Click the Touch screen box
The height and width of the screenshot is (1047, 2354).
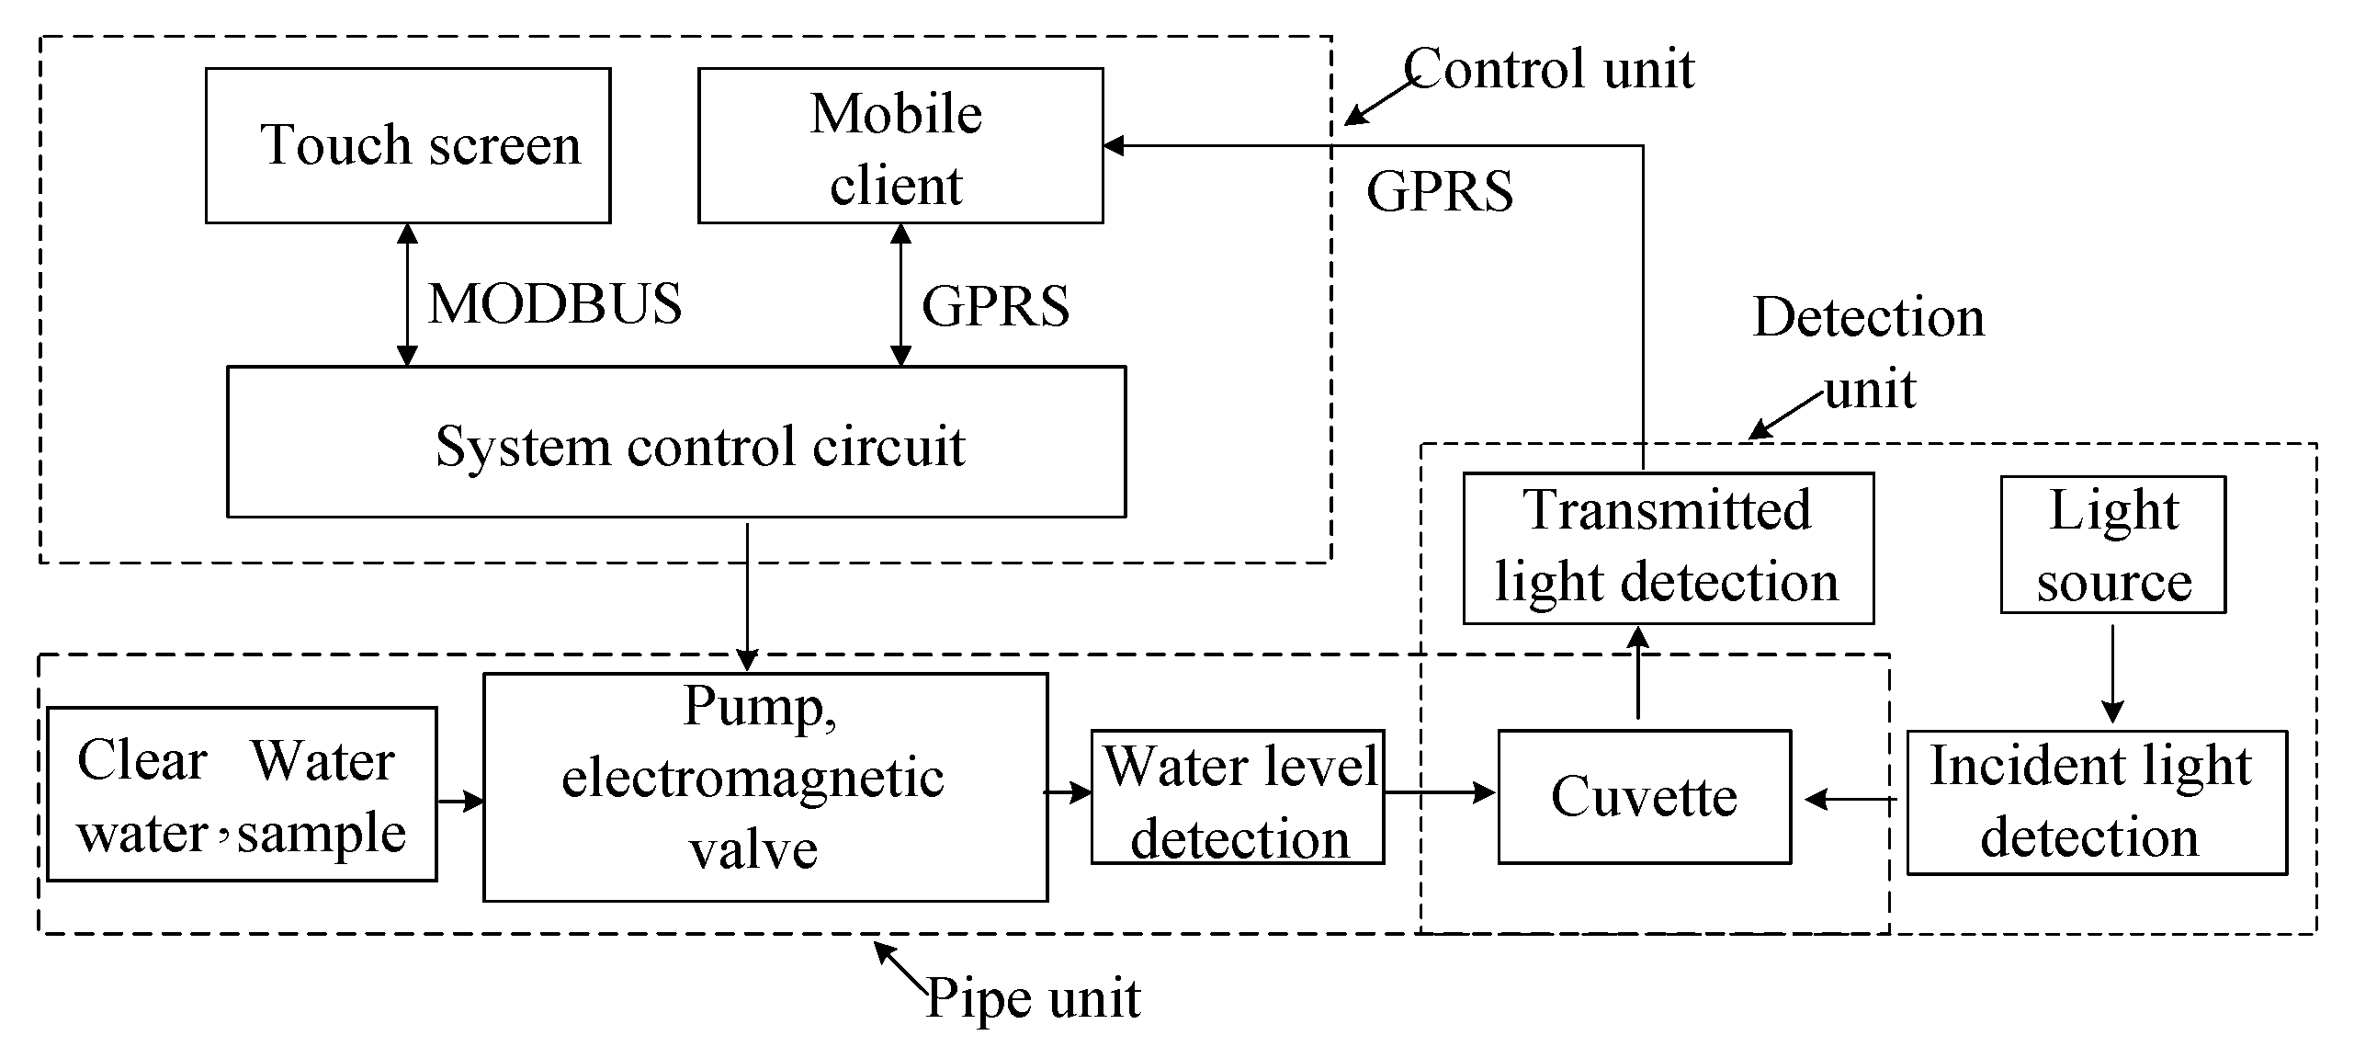(x=408, y=145)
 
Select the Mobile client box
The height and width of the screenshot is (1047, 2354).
(x=900, y=145)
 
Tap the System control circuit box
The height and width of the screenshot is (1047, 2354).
(x=676, y=442)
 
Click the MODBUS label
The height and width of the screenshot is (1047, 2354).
(x=555, y=304)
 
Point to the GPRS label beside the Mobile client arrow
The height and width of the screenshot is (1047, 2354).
(x=995, y=306)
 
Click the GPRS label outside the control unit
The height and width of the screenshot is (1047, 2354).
(x=1439, y=191)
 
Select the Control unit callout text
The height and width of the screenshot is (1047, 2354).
(x=1549, y=69)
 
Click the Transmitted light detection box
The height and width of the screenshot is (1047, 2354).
(x=1668, y=548)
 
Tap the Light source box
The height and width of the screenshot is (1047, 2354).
(x=2112, y=544)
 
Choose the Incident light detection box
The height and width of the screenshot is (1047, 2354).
(x=2096, y=802)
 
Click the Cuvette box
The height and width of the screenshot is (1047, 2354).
(x=1644, y=796)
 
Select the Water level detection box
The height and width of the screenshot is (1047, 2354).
(x=1237, y=797)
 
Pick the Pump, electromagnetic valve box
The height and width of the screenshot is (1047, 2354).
(x=764, y=787)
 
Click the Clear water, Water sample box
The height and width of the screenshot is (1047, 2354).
(x=242, y=794)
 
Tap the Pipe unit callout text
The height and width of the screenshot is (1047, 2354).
(x=1033, y=997)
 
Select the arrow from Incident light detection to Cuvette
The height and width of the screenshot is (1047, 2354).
(x=1850, y=800)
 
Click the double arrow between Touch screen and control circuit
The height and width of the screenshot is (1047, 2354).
(x=407, y=294)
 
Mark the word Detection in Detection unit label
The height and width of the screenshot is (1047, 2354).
(x=1868, y=317)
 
